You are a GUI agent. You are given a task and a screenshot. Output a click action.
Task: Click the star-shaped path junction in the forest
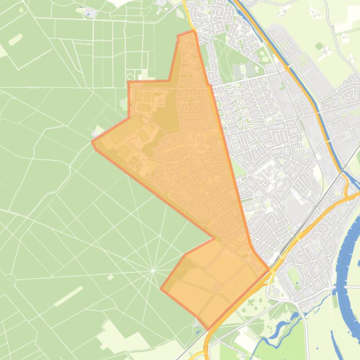[x=153, y=270]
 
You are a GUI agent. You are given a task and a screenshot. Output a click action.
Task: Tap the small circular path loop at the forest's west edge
[x=10, y=281]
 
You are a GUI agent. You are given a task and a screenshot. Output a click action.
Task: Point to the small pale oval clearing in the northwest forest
[x=15, y=39]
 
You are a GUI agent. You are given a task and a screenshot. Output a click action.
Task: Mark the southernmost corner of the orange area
[x=208, y=329]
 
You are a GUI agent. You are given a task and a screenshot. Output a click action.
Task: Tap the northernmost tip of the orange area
[x=192, y=31]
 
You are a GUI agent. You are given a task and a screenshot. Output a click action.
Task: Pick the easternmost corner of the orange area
[x=269, y=269]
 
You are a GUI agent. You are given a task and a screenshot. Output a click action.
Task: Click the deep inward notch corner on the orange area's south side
[x=214, y=238]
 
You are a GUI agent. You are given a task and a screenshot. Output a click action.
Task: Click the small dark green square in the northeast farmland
[x=319, y=46]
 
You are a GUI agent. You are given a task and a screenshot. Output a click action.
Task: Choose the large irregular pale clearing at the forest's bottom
[x=117, y=334]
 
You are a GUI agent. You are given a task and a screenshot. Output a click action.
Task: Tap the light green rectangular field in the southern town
[x=294, y=276]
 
